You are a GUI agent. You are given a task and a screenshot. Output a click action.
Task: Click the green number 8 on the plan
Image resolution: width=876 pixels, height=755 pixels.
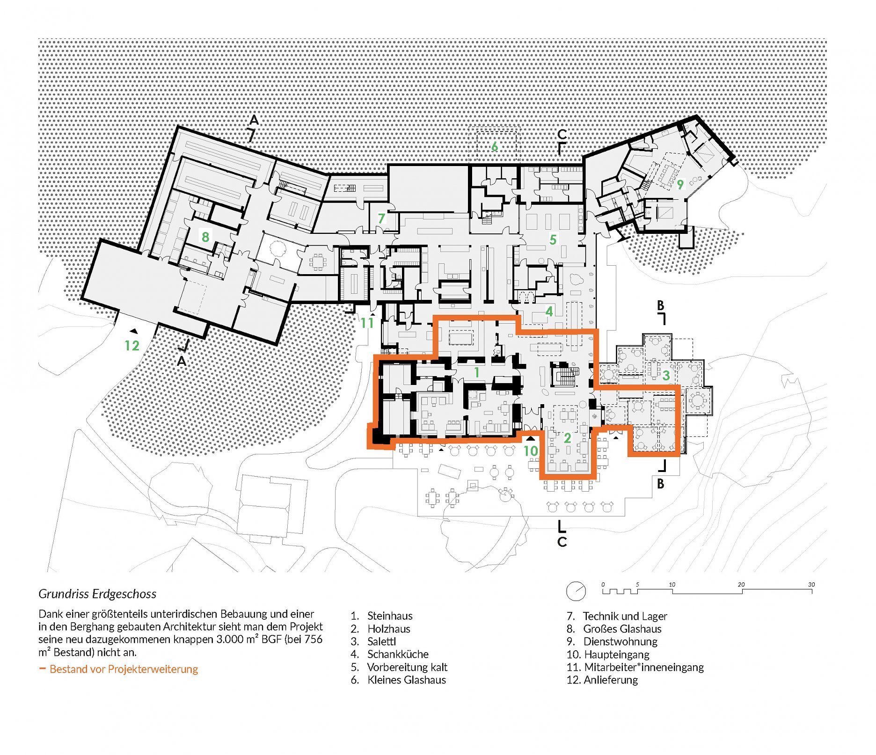(x=205, y=237)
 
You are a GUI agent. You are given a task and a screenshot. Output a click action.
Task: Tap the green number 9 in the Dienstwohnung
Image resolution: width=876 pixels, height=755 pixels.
(x=680, y=184)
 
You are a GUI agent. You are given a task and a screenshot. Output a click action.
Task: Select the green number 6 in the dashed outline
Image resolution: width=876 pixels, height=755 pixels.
(x=494, y=146)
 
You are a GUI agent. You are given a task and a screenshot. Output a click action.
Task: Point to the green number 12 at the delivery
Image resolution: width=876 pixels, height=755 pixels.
(x=132, y=346)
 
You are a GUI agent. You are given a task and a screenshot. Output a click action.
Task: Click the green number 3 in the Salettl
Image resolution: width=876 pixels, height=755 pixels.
(x=666, y=375)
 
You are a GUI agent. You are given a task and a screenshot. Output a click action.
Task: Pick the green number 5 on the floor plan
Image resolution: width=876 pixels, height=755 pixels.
(x=553, y=240)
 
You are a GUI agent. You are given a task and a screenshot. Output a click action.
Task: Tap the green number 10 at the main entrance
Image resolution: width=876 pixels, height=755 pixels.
(x=530, y=451)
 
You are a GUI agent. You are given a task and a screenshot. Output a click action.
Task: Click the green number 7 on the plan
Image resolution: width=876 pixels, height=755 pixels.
(x=381, y=218)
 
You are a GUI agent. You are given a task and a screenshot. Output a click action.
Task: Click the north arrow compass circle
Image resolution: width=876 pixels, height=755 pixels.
(x=576, y=591)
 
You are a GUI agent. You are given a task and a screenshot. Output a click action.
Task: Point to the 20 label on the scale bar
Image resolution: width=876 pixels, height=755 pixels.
(x=741, y=585)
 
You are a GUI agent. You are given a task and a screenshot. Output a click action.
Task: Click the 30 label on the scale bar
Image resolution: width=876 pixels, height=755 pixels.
(x=811, y=585)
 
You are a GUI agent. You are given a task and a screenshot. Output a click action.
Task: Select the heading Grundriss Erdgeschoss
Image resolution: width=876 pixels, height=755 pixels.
(x=97, y=594)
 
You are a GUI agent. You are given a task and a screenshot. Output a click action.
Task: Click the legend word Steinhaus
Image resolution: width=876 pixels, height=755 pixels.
(x=390, y=616)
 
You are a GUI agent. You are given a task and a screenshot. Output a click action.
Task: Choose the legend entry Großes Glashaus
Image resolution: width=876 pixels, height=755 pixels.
(x=622, y=629)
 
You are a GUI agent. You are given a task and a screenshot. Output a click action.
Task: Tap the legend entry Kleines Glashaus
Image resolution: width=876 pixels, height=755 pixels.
(x=407, y=680)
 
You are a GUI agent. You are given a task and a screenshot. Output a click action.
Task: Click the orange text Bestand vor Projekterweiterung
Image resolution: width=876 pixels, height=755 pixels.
(x=124, y=669)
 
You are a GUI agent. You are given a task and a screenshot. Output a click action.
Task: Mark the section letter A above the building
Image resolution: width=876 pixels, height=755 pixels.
(x=254, y=120)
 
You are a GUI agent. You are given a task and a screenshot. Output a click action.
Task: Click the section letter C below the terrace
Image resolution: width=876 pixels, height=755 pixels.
(x=562, y=542)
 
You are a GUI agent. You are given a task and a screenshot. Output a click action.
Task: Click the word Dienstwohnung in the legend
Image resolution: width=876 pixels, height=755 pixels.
(x=620, y=641)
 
